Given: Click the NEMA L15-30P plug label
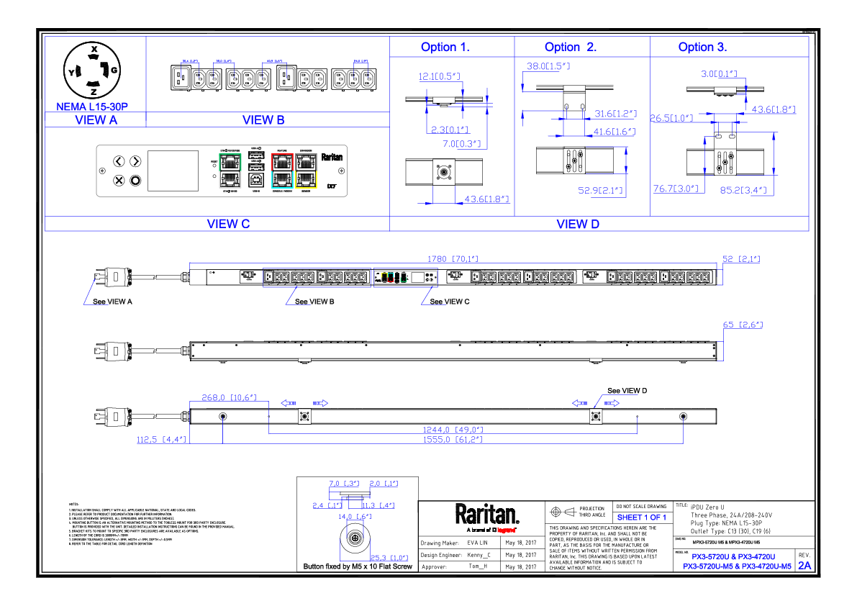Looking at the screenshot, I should coord(92,107).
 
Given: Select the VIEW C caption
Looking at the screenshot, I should coord(228,224).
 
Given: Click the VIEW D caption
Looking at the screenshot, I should coord(578,224).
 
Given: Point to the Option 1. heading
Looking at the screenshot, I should coord(445,48).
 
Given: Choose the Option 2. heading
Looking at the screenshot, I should coord(571,48).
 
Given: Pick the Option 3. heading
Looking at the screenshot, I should coord(702,48).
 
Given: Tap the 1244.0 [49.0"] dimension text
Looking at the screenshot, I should coord(452,430).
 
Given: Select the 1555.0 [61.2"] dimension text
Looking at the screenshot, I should coord(452,439).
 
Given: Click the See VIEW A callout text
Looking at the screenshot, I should coord(113,302).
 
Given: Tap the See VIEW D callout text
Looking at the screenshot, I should coord(627,391).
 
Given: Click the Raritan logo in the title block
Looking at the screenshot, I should coord(486,515).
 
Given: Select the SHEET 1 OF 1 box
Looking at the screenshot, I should coord(642,517).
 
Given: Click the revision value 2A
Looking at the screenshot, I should coord(804,566).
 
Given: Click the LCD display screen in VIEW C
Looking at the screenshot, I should coord(173,171).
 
